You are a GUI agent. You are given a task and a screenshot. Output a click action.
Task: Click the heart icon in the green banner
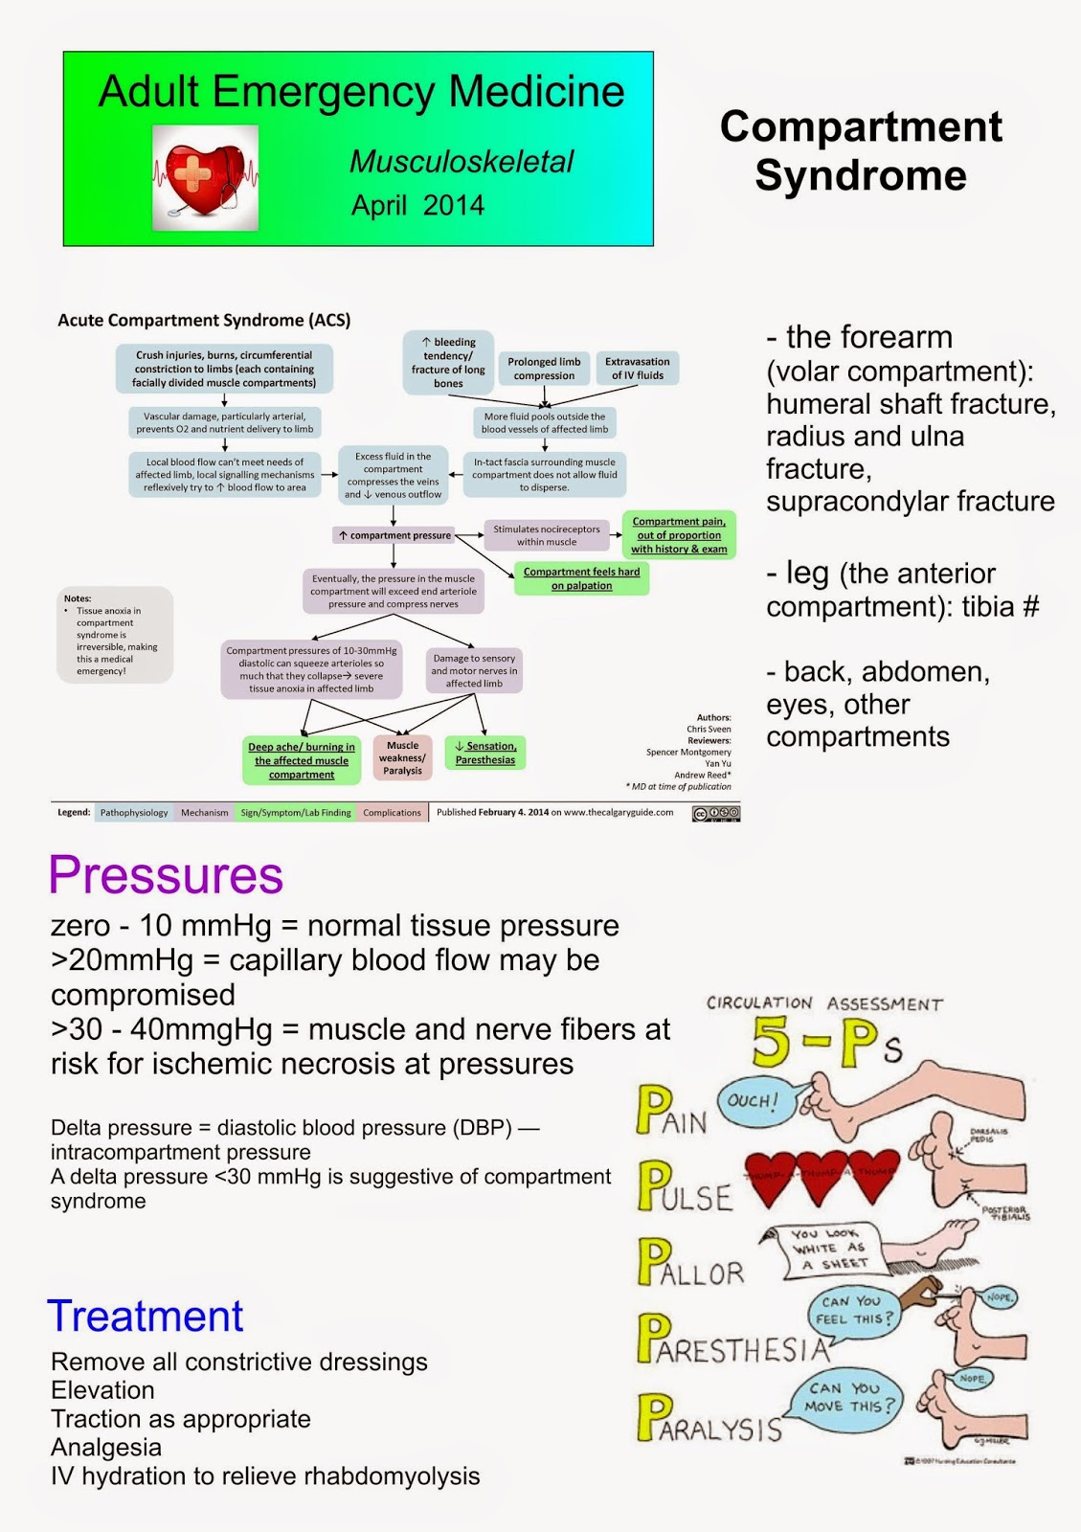(x=205, y=178)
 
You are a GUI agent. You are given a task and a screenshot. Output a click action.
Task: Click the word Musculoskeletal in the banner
(x=462, y=162)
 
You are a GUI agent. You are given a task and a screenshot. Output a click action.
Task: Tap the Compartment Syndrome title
(x=861, y=151)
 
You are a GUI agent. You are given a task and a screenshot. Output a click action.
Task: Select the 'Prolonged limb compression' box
(x=544, y=369)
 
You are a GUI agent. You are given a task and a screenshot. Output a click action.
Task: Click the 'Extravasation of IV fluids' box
(x=637, y=369)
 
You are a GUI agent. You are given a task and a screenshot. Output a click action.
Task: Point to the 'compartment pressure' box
(x=394, y=535)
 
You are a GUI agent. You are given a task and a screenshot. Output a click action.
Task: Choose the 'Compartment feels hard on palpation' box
(x=581, y=578)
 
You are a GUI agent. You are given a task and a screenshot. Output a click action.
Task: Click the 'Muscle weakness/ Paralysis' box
(x=402, y=758)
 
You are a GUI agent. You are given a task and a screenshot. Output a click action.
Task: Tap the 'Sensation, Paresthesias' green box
(x=485, y=753)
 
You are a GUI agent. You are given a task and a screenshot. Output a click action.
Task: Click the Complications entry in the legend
(x=392, y=813)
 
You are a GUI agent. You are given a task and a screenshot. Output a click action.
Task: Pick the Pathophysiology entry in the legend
(x=133, y=813)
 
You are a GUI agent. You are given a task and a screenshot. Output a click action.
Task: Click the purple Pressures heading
(x=166, y=875)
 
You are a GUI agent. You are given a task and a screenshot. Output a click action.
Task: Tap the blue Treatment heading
(x=146, y=1317)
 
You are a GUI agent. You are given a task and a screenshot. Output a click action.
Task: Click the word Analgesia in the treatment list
(x=106, y=1448)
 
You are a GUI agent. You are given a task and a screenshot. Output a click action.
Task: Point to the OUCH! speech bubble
(x=753, y=1100)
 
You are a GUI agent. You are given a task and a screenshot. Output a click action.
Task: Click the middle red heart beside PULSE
(x=820, y=1176)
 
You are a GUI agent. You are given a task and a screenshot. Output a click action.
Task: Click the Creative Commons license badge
(x=716, y=813)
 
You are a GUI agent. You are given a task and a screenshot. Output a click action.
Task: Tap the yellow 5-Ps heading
(x=825, y=1044)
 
